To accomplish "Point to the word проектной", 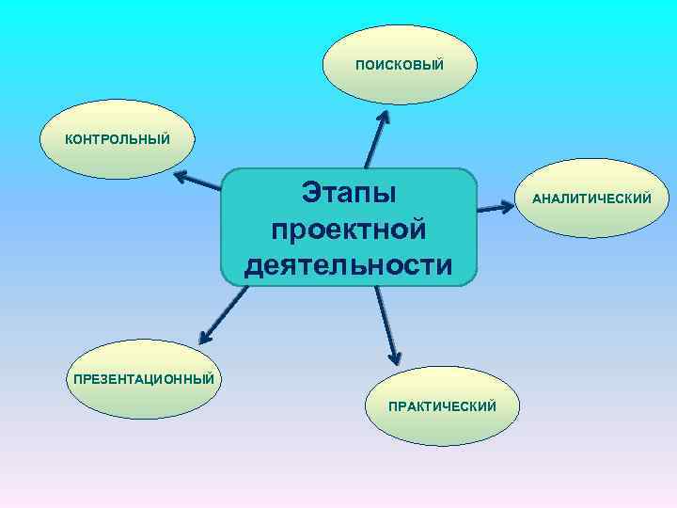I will pyautogui.click(x=349, y=229).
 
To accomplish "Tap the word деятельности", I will pyautogui.click(x=349, y=264).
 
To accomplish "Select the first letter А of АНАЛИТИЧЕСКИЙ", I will pyautogui.click(x=537, y=199).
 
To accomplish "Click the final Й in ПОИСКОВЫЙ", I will pyautogui.click(x=438, y=65).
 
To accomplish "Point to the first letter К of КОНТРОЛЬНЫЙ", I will pyautogui.click(x=68, y=140).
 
